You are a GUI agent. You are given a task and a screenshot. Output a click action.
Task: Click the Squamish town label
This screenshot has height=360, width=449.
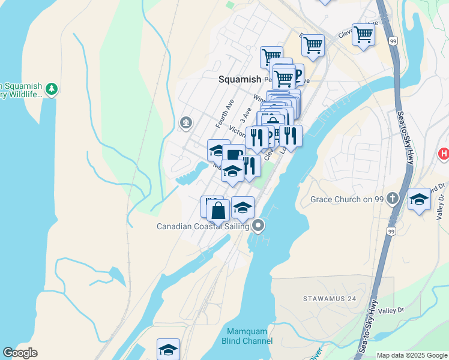pyautogui.click(x=240, y=79)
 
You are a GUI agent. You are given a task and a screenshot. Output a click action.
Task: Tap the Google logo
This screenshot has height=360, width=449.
pyautogui.click(x=20, y=353)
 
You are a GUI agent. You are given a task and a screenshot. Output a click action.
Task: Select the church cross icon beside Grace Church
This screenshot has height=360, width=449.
pyautogui.click(x=393, y=198)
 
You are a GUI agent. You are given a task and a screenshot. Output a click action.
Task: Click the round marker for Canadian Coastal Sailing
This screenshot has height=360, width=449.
pyautogui.click(x=259, y=226)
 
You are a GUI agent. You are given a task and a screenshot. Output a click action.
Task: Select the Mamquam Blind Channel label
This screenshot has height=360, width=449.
pyautogui.click(x=250, y=336)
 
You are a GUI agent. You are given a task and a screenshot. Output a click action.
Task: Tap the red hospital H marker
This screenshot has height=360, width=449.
pyautogui.click(x=444, y=154)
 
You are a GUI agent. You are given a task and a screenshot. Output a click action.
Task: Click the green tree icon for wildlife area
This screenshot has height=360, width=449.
pyautogui.click(x=52, y=89)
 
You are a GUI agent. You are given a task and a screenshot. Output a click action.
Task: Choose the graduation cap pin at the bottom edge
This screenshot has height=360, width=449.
pyautogui.click(x=169, y=349)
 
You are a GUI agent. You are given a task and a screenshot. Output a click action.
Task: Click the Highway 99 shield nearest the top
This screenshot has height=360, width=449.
pyautogui.click(x=393, y=41)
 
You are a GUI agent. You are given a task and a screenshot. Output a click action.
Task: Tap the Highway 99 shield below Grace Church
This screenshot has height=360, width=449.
pyautogui.click(x=391, y=230)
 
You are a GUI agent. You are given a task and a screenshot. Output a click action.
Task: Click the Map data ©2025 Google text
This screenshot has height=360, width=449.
pyautogui.click(x=412, y=355)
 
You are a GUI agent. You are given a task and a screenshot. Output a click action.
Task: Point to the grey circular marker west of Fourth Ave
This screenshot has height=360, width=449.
pyautogui.click(x=186, y=124)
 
